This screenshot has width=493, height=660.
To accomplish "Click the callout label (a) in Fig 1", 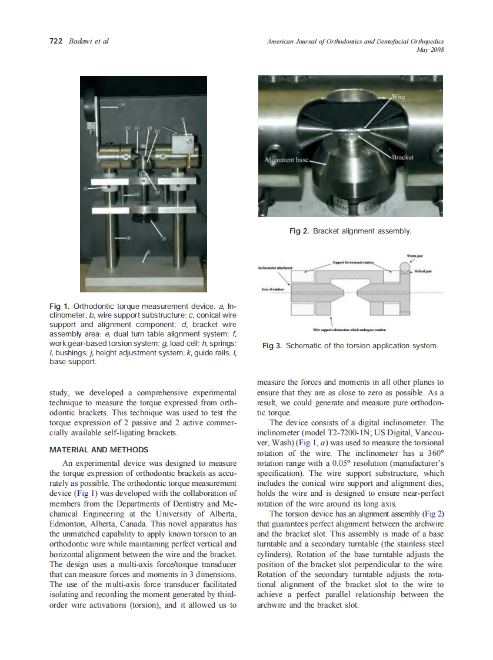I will click(x=124, y=104).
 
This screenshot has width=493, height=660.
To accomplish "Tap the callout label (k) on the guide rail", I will click(x=130, y=238).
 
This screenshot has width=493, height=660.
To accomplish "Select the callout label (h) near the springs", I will click(x=136, y=194).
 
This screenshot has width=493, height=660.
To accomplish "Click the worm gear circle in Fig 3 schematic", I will click(x=405, y=268).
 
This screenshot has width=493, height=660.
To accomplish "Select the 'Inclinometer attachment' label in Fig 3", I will click(x=274, y=268).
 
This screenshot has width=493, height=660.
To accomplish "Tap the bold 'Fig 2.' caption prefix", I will click(x=299, y=232).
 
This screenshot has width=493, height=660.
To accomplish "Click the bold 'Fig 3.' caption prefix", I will click(x=272, y=346).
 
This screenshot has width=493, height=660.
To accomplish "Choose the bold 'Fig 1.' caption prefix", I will click(x=60, y=306).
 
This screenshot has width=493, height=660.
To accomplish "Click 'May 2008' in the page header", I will click(x=429, y=50).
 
